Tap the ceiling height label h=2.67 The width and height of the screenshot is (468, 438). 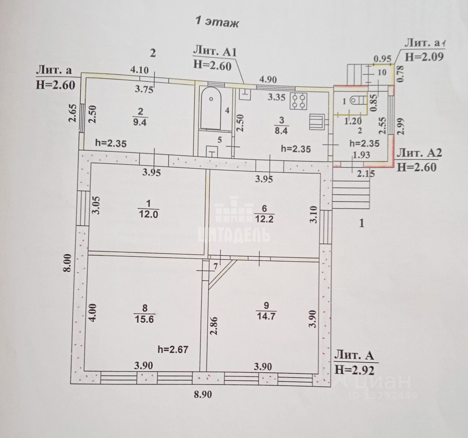coord(173,349)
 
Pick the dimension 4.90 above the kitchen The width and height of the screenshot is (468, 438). coord(268,79)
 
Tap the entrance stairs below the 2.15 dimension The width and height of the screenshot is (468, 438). coord(351,193)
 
